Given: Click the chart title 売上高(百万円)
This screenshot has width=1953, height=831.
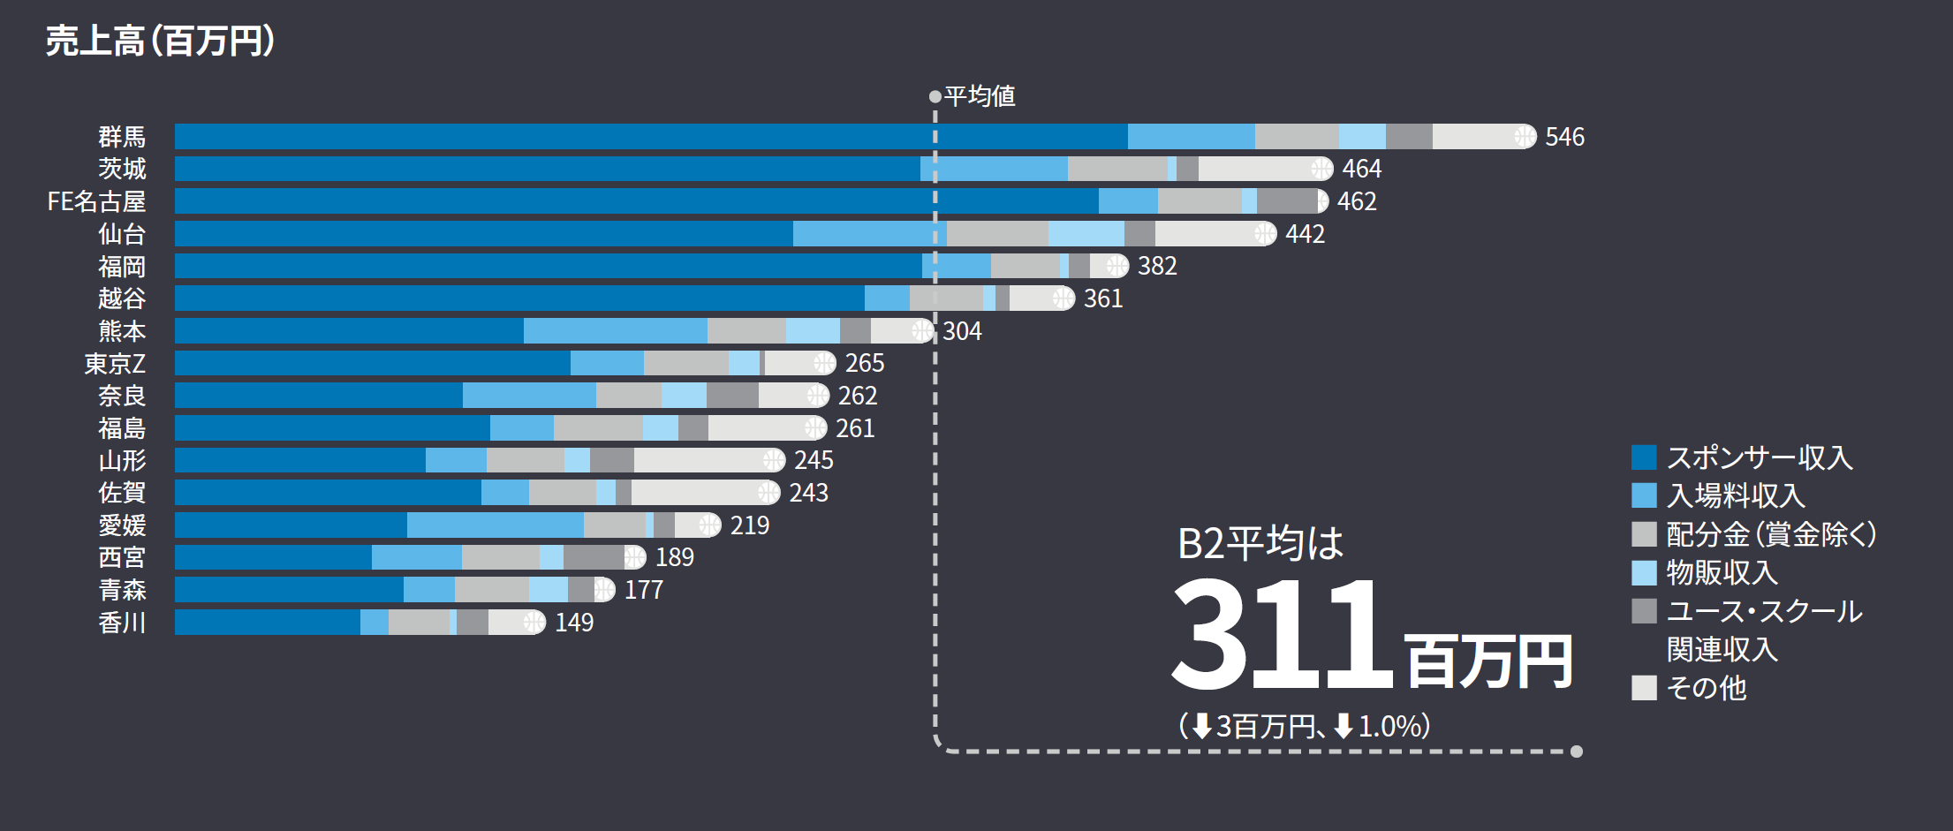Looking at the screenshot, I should click(x=160, y=41).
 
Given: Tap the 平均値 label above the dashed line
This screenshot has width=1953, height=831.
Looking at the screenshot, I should click(x=980, y=95).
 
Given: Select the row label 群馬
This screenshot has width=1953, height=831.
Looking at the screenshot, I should click(x=122, y=137).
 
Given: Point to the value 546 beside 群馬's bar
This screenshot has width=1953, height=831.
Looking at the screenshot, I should click(x=1564, y=137).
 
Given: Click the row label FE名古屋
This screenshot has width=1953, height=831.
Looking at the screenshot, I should click(x=96, y=201).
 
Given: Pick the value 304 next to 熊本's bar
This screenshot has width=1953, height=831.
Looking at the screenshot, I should click(x=962, y=331).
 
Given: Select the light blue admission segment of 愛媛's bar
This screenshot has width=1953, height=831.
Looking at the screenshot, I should click(x=495, y=525).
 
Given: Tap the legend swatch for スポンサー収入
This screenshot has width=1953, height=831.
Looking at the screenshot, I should click(x=1644, y=457).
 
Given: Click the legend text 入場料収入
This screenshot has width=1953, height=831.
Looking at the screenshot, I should click(x=1736, y=495).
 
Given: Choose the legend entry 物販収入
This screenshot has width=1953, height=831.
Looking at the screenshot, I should click(x=1722, y=572).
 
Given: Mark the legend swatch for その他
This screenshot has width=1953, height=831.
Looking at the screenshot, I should click(x=1644, y=688).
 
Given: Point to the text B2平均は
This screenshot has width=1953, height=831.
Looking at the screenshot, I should click(x=1260, y=542).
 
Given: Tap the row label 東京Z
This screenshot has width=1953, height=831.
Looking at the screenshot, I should click(x=115, y=363).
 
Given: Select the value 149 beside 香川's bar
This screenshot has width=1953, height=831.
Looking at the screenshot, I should click(x=574, y=623).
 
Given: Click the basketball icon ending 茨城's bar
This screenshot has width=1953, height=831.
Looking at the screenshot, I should click(x=1321, y=169).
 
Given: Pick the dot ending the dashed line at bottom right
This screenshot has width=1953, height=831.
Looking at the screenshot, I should click(x=1577, y=752).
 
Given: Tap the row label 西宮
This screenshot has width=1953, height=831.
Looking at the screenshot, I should click(x=122, y=557).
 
